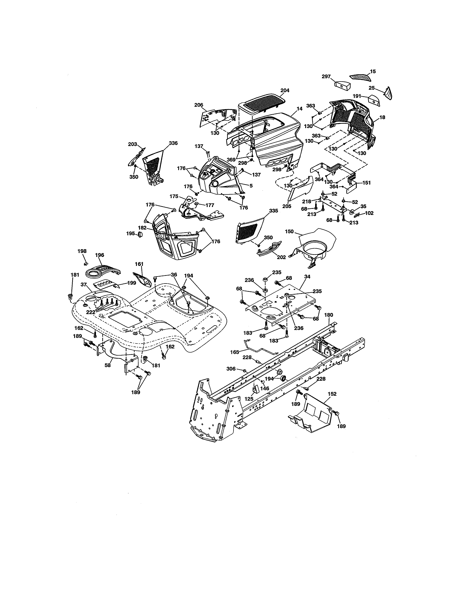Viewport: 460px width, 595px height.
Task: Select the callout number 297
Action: [x=326, y=77]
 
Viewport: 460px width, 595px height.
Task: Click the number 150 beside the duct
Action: [x=289, y=231]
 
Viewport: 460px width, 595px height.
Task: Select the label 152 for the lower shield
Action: [x=332, y=394]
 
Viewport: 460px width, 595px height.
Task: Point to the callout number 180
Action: [x=329, y=315]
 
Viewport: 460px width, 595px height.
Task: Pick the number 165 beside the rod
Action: [x=234, y=352]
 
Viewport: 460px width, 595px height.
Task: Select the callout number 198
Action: [x=82, y=251]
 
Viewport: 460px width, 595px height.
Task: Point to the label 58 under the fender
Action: [x=108, y=365]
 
